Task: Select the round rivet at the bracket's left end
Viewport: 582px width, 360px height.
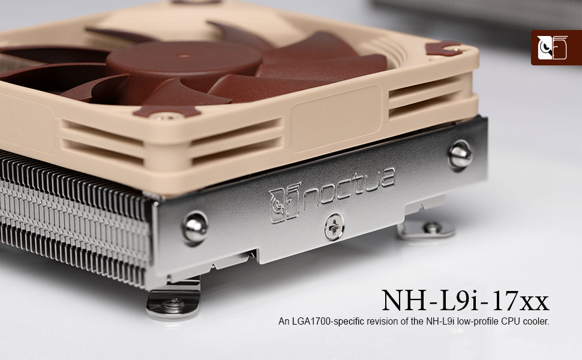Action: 195,227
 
